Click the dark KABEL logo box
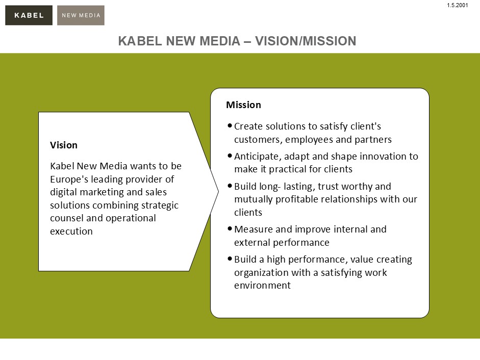pos(29,15)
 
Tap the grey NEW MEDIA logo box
pos(81,15)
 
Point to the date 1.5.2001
pos(458,5)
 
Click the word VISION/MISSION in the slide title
pos(306,41)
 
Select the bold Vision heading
pos(64,145)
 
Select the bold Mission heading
pos(244,105)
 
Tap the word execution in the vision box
pos(71,232)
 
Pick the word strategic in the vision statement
pos(160,205)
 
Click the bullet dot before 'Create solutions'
pos(230,125)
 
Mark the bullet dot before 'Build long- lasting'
pos(230,185)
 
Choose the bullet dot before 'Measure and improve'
pos(230,228)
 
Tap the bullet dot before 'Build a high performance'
pos(230,259)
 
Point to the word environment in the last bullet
pos(262,286)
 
